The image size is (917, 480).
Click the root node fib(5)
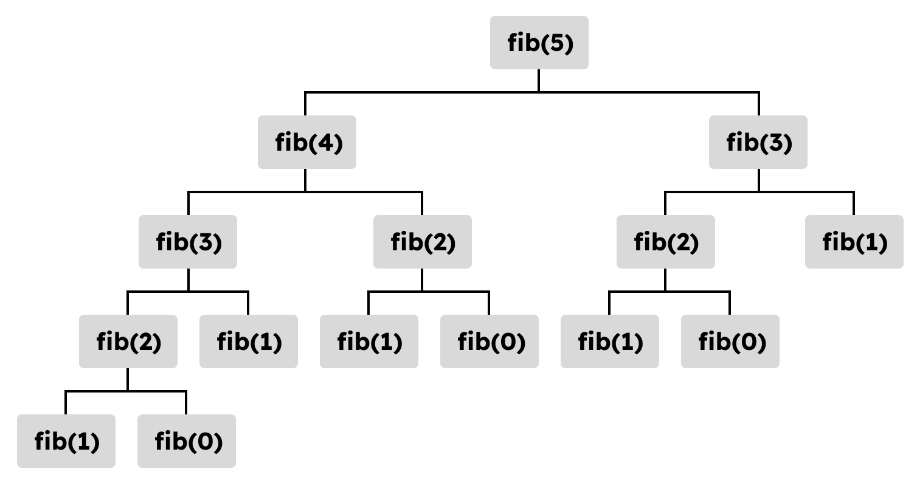point(539,43)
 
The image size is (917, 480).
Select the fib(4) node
point(307,142)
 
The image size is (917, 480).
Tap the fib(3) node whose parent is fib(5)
point(758,142)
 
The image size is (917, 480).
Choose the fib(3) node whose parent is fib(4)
point(188,242)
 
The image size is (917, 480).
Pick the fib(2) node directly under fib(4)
point(423,242)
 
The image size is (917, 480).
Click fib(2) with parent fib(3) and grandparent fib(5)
point(666,242)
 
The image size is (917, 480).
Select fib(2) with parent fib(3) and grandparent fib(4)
point(128,341)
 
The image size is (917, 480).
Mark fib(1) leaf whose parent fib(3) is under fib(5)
point(854,242)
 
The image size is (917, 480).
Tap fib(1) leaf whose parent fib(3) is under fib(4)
point(249,341)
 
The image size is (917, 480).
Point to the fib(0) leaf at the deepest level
point(187,441)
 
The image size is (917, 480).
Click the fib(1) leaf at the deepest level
point(66,441)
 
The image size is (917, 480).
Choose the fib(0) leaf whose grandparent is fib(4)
point(489,341)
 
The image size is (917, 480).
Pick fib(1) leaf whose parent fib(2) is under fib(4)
point(369,341)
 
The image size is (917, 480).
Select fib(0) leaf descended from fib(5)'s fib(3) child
point(730,341)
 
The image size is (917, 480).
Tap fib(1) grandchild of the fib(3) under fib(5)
point(609,341)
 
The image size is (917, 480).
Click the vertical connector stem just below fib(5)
point(539,81)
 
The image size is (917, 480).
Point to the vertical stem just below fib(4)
point(305,180)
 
